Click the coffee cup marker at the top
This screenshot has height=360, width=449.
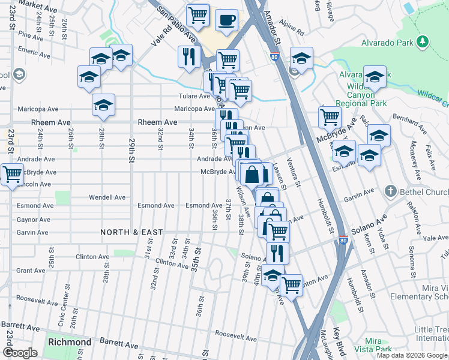[x=226, y=19]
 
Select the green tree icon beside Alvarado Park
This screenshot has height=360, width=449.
[x=424, y=41]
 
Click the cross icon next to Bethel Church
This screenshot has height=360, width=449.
[x=390, y=192]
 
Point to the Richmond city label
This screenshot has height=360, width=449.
[x=70, y=342]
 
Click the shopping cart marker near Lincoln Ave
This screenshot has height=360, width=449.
[x=12, y=175]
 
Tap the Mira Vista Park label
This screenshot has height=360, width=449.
[x=373, y=345]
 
